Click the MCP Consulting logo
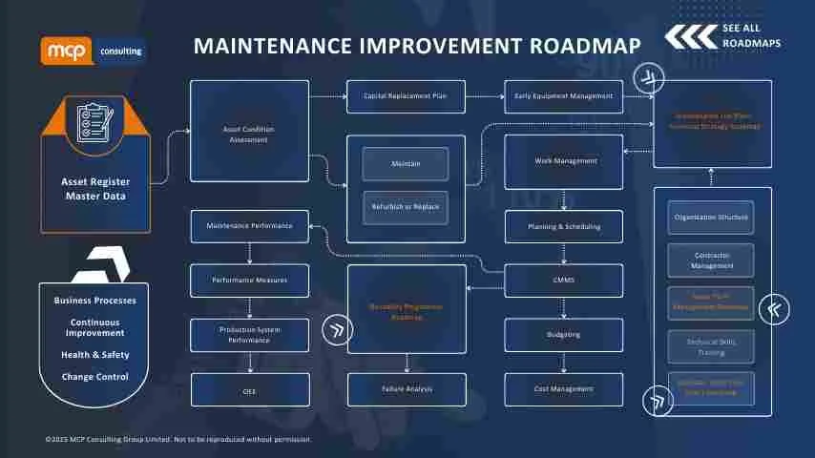[x=93, y=51]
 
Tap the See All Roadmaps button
[x=722, y=36]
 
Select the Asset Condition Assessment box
[x=249, y=132]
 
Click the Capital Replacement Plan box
[x=406, y=96]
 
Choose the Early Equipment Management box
[x=563, y=96]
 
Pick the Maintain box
[x=406, y=164]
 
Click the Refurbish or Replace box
[x=406, y=207]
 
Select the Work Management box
[x=563, y=161]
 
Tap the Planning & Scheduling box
[x=563, y=227]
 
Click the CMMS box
[x=563, y=281]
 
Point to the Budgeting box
[x=563, y=335]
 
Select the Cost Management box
[x=563, y=389]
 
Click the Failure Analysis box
[x=406, y=389]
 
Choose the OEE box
[x=249, y=390]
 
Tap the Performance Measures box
[x=249, y=281]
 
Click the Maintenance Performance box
[x=249, y=226]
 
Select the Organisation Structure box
[x=710, y=218]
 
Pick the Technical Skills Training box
[x=710, y=345]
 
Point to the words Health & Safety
[x=94, y=355]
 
